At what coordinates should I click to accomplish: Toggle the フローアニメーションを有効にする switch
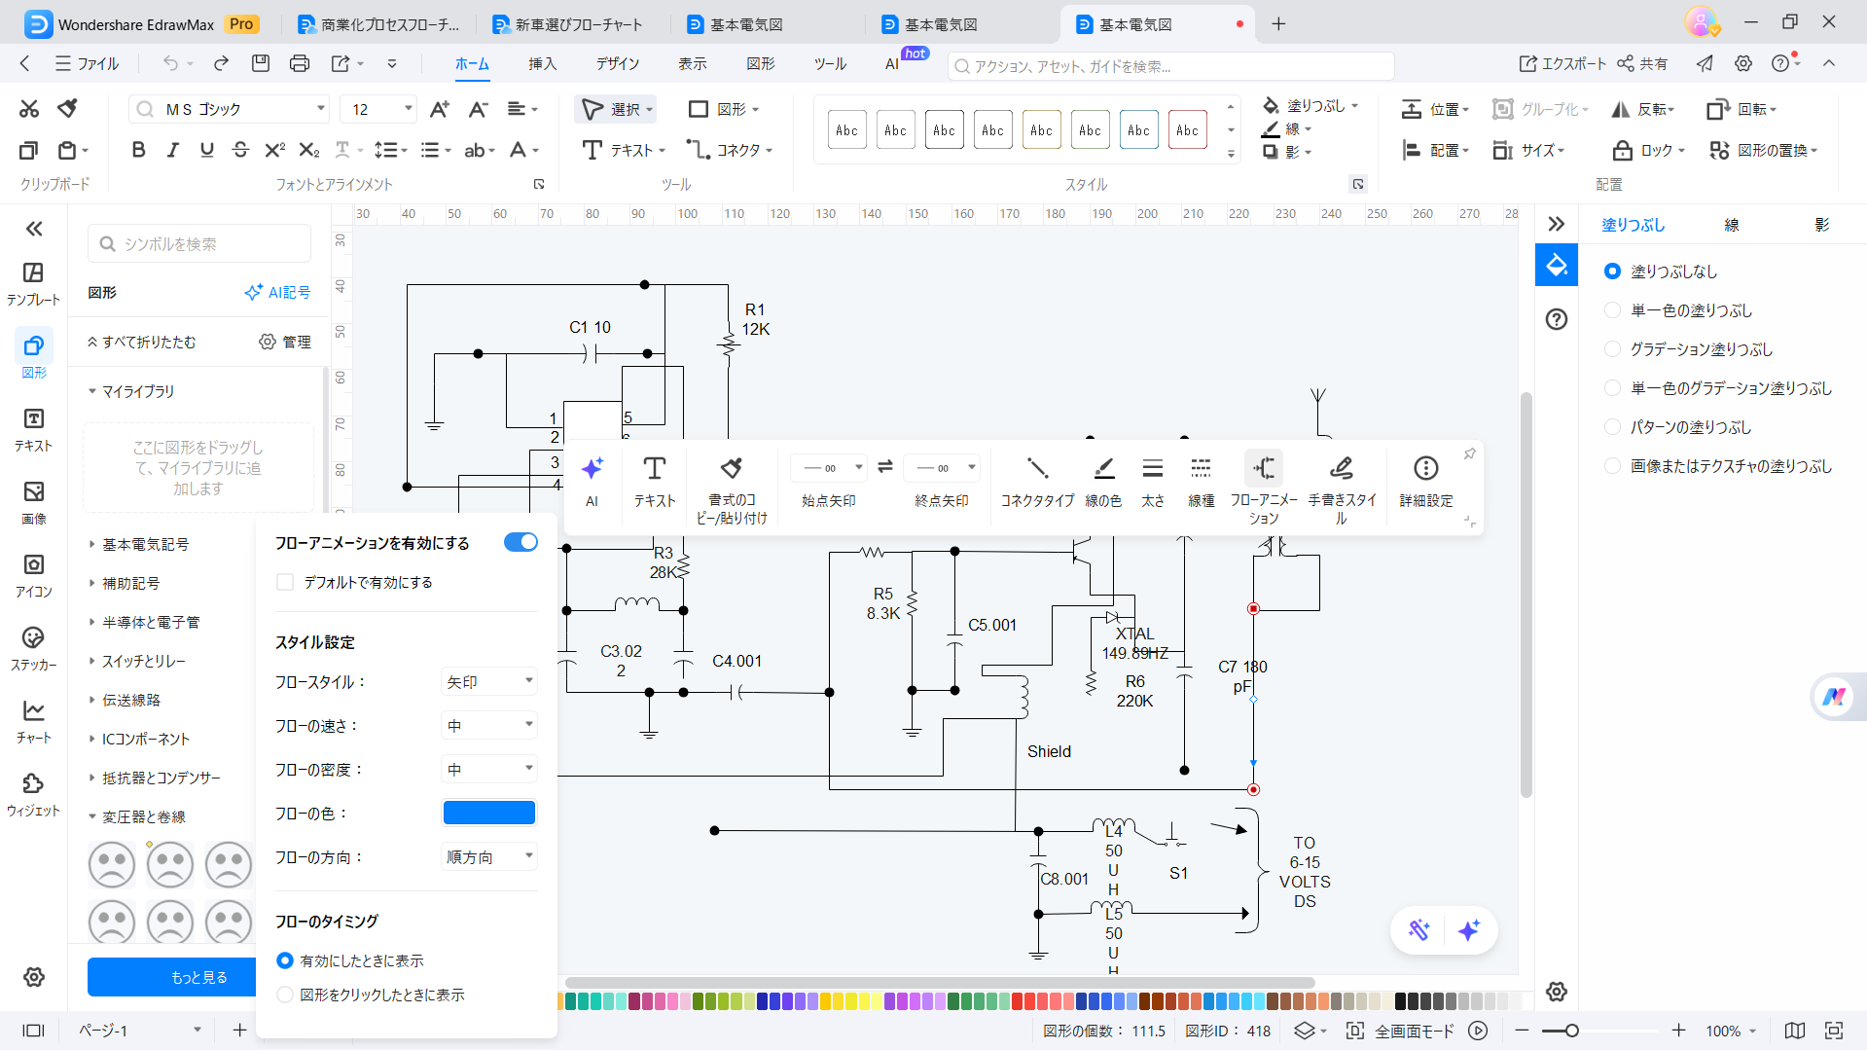coord(521,542)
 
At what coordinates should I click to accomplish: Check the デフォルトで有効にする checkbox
coord(285,582)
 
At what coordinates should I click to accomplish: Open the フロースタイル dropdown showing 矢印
coord(488,682)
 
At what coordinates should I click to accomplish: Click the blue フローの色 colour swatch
coord(488,813)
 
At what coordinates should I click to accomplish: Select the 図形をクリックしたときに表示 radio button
coord(285,995)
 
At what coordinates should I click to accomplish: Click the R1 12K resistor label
coord(755,319)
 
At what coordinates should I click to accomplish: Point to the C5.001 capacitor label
coord(991,625)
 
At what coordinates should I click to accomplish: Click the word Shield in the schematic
coord(1049,751)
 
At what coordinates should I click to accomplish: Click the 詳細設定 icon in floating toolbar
coord(1425,469)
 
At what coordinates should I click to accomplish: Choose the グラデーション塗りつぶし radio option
coord(1612,349)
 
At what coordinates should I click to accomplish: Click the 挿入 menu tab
coord(542,63)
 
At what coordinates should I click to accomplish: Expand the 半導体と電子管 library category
coord(151,622)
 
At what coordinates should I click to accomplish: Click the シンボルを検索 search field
coord(199,243)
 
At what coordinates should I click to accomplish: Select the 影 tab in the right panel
coord(1821,225)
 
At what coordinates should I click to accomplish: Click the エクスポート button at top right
coord(1562,63)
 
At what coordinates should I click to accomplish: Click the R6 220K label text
coord(1134,691)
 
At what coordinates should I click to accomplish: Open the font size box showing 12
coord(377,109)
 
